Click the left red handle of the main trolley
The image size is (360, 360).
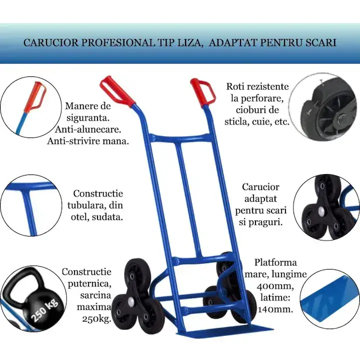[x=116, y=91]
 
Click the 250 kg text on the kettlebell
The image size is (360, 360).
[x=45, y=309]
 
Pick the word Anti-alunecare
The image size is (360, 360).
[x=88, y=129]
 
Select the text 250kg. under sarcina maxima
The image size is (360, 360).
[x=96, y=318]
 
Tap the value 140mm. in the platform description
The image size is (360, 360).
[x=275, y=309]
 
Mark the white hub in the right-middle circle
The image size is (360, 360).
[x=321, y=209]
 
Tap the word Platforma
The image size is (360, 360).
[x=275, y=262]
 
